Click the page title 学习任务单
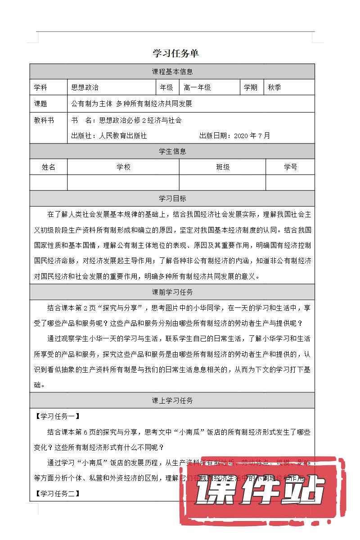click(x=175, y=53)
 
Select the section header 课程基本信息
click(x=172, y=71)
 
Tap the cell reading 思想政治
click(x=85, y=87)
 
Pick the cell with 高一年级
click(x=197, y=87)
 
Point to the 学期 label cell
click(x=251, y=87)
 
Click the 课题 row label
click(x=41, y=103)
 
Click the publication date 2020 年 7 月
click(x=252, y=135)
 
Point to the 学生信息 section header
click(x=172, y=151)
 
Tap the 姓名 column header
click(x=49, y=167)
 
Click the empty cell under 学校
click(x=123, y=182)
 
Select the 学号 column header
click(x=290, y=167)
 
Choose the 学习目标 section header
click(x=172, y=198)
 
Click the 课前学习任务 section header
click(x=172, y=292)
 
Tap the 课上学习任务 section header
click(x=172, y=400)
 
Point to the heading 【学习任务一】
click(x=57, y=416)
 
